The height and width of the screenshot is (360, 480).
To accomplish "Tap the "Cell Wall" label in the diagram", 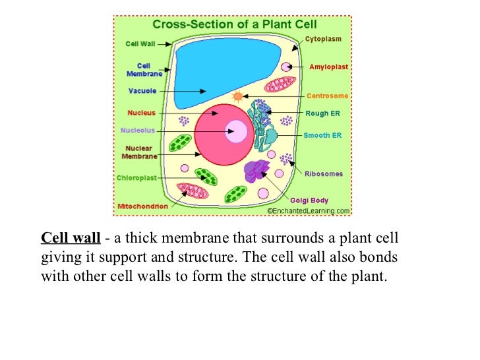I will pyautogui.click(x=140, y=44).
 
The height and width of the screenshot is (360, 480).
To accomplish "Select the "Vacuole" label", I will pyautogui.click(x=142, y=91).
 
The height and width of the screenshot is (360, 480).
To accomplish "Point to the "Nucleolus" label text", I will pyautogui.click(x=138, y=130).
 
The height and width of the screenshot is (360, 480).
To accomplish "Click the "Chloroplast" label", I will pyautogui.click(x=136, y=177).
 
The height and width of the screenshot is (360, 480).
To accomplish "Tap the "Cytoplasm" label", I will pyautogui.click(x=323, y=39).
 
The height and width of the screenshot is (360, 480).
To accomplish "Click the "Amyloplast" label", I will pyautogui.click(x=328, y=67).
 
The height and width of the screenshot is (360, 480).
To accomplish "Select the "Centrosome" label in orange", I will pyautogui.click(x=327, y=96).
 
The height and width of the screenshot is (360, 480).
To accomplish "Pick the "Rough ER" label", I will pyautogui.click(x=323, y=113).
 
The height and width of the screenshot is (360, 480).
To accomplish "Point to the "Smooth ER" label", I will pyautogui.click(x=322, y=135).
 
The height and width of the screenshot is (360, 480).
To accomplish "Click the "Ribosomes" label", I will pyautogui.click(x=324, y=174).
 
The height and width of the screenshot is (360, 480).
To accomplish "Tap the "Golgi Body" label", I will pyautogui.click(x=309, y=200).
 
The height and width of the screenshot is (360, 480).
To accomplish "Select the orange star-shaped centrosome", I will pyautogui.click(x=237, y=96).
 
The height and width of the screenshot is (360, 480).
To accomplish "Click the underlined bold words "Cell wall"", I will pyautogui.click(x=71, y=238).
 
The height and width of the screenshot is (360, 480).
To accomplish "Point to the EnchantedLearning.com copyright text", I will pyautogui.click(x=309, y=211).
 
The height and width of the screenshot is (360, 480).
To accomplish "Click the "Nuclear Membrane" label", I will pyautogui.click(x=139, y=152).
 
